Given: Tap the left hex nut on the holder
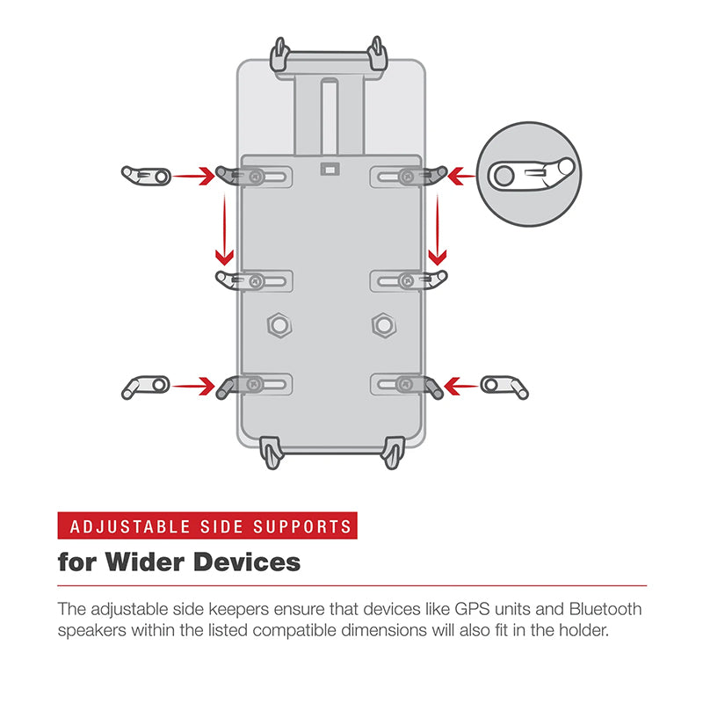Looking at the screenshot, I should click(x=279, y=325).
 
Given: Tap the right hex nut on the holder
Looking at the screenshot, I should click(x=382, y=325).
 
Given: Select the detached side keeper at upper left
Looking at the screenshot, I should click(x=146, y=176).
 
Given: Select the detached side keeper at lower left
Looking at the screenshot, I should click(x=146, y=385).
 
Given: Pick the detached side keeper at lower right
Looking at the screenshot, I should click(x=505, y=385).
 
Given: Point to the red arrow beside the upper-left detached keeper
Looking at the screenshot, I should click(x=193, y=176).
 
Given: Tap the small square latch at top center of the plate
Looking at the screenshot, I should click(x=330, y=167).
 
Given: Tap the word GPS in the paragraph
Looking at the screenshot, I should click(x=472, y=609).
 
